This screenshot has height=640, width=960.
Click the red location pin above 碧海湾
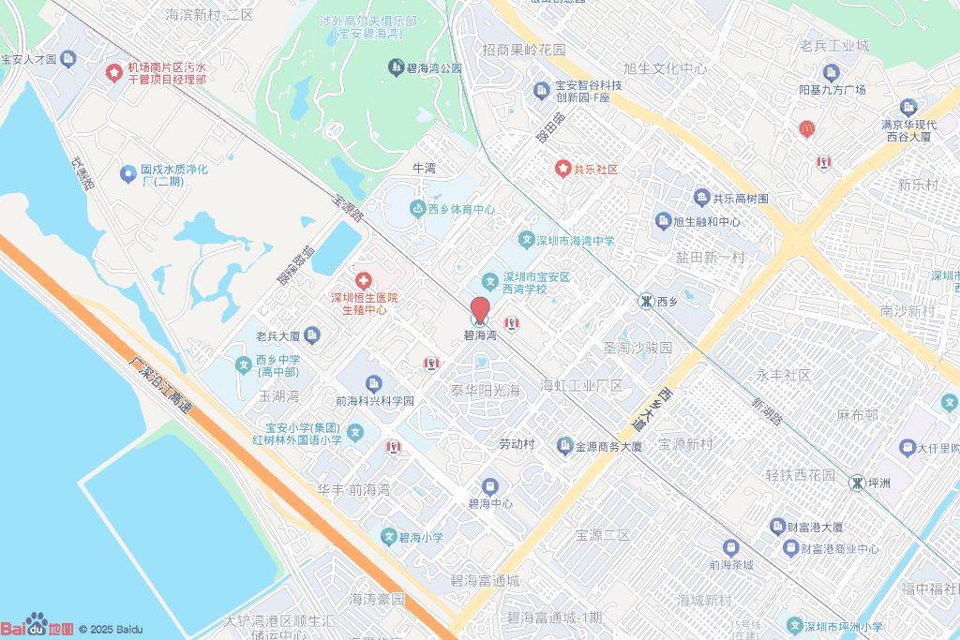(x=479, y=310)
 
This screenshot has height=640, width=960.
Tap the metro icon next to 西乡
(x=646, y=301)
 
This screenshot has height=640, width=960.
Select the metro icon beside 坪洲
(x=857, y=482)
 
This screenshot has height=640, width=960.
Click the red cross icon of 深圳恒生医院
(x=363, y=280)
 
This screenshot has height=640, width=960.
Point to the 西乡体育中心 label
(x=461, y=210)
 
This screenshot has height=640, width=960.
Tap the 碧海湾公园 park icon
(x=396, y=67)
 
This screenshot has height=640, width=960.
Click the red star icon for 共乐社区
(x=562, y=169)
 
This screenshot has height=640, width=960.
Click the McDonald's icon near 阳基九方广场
(x=804, y=129)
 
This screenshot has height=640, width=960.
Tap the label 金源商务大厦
(x=608, y=446)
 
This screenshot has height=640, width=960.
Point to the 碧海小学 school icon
(x=389, y=537)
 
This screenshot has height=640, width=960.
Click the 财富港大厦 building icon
(x=776, y=527)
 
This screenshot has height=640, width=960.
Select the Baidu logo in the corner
(x=37, y=627)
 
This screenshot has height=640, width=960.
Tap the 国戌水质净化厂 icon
(x=128, y=173)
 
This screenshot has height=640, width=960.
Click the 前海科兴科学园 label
(x=375, y=401)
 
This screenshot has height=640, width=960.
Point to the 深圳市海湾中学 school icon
(x=527, y=241)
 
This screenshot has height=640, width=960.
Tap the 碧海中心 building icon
(x=490, y=486)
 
